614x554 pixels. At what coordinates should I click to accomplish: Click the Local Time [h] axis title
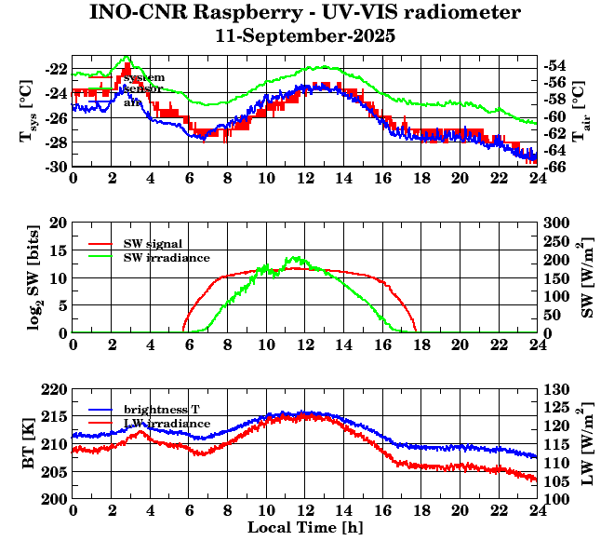(x=305, y=527)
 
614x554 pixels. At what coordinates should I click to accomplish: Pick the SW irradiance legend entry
(x=167, y=257)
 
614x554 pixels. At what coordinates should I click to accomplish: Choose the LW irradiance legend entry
(x=166, y=424)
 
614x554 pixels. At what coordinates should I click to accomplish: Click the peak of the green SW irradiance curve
(x=296, y=258)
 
